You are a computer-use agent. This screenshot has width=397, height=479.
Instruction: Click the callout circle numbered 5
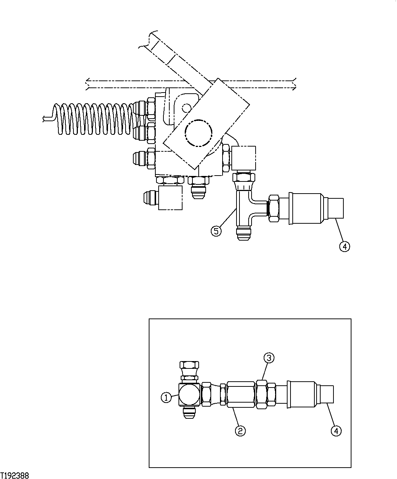(216, 231)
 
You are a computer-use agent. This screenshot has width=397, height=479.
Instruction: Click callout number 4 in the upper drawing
(344, 246)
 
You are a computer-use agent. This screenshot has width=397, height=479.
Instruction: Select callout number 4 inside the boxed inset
(336, 431)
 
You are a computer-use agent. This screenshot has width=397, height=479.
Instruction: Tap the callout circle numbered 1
(166, 397)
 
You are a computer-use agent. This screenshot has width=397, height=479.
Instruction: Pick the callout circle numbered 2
(240, 431)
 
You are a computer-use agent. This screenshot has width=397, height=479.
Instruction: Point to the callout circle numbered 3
(268, 358)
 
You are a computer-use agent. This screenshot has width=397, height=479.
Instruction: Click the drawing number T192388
(15, 475)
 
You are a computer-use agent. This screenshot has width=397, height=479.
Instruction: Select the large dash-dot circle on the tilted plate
(199, 132)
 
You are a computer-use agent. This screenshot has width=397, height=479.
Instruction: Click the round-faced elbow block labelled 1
(189, 395)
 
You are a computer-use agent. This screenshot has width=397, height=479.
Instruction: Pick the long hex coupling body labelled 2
(241, 395)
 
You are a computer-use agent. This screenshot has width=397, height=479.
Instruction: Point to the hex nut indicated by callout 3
(261, 395)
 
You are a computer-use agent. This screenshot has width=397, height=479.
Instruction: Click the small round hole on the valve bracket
(187, 108)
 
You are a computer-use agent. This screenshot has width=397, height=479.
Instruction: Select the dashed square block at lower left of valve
(170, 198)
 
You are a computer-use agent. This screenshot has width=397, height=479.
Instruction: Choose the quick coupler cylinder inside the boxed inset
(301, 395)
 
